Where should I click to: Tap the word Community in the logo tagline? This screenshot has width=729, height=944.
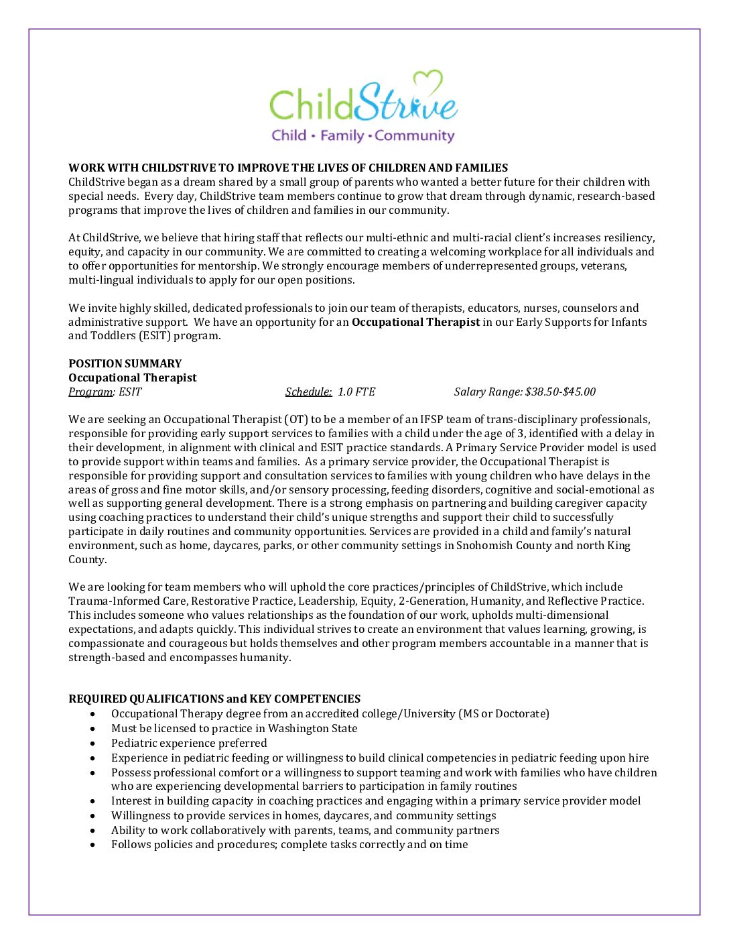coord(415,136)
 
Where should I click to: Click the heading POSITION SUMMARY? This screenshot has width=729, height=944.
coord(125,363)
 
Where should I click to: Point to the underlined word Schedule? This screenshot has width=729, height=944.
coord(308,392)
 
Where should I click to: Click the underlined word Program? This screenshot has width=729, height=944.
coord(90,392)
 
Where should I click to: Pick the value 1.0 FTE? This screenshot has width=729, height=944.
coord(356,392)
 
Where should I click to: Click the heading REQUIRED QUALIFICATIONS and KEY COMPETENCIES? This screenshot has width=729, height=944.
coord(214,699)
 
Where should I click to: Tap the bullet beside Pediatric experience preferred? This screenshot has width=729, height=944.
coord(93,744)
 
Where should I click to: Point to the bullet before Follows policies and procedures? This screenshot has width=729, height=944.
coord(93,845)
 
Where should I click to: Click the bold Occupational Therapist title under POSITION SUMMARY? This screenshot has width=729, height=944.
coord(133,377)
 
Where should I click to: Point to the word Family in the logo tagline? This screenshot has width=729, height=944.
coord(342,136)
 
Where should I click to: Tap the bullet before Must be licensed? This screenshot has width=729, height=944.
coord(93,729)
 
